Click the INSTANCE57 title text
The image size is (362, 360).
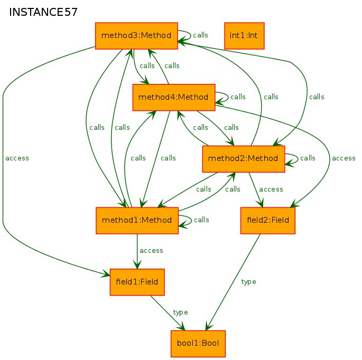[x=43, y=12]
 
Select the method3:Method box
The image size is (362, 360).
[x=136, y=36]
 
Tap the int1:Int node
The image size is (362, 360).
[x=244, y=36]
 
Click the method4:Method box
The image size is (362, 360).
[x=174, y=97]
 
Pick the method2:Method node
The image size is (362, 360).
[x=244, y=159]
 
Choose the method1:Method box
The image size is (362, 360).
[x=137, y=221]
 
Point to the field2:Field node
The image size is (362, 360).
[x=268, y=221]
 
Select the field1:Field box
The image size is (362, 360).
[x=137, y=282]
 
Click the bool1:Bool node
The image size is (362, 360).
[x=198, y=344]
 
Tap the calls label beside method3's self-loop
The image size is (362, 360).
[x=200, y=35]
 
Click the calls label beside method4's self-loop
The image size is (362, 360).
[x=238, y=97]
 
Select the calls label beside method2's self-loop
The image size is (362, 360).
[x=308, y=158]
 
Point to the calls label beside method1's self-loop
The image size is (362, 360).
[x=201, y=220]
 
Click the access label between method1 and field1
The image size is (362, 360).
[x=151, y=251]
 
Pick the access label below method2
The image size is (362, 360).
[x=271, y=190]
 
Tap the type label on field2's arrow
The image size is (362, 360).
[x=248, y=282]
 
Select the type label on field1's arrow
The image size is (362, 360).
[x=180, y=312]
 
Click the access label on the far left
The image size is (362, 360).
[x=17, y=158]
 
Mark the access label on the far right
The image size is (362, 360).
[x=344, y=158]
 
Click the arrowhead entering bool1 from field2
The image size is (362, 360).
[x=208, y=327]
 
